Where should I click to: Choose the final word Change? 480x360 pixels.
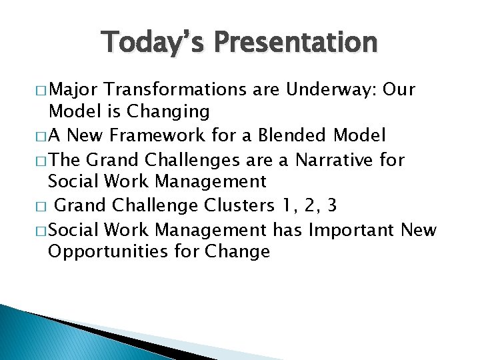click(237, 252)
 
